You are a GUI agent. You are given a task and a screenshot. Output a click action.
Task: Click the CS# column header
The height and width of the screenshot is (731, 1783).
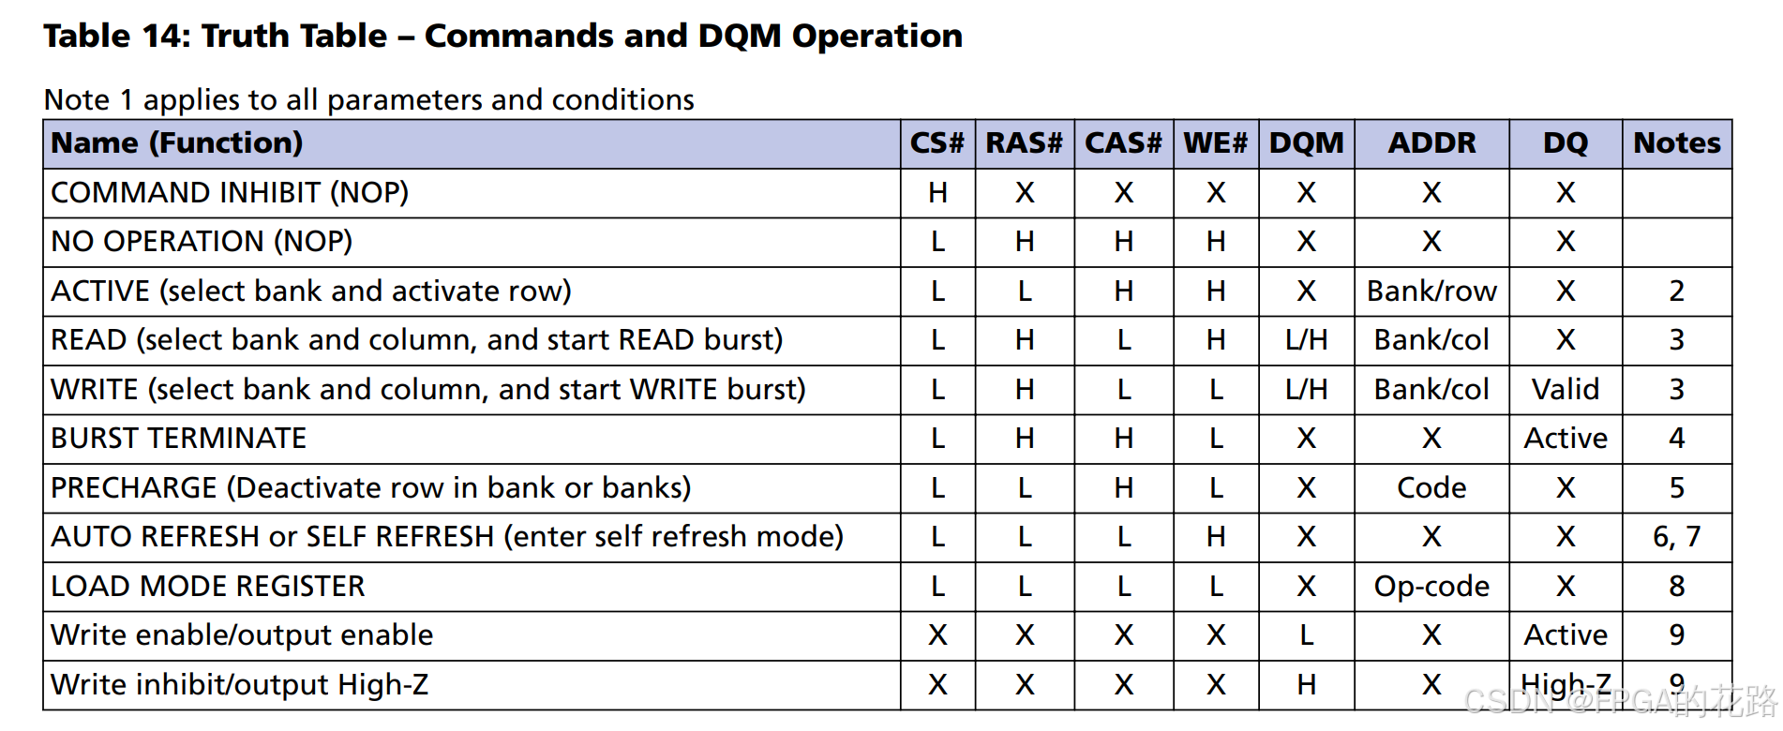tap(936, 143)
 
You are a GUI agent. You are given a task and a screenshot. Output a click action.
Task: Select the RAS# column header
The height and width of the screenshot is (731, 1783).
tap(1024, 143)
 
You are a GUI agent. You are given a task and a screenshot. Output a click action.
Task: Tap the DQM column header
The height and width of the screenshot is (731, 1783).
tap(1306, 143)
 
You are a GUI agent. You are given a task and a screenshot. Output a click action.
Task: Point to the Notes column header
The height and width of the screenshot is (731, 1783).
tap(1676, 143)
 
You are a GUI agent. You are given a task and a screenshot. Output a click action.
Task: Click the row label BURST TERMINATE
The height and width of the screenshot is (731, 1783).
tap(178, 439)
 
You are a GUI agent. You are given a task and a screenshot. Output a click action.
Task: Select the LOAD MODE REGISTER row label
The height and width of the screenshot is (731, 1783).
tap(207, 586)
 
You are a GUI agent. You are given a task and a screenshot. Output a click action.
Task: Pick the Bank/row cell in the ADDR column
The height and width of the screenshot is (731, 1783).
tap(1431, 291)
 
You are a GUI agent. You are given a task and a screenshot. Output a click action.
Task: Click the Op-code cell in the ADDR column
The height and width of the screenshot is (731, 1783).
tap(1431, 587)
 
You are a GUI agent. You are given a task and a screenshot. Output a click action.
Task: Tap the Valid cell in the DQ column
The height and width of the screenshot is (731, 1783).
tap(1565, 389)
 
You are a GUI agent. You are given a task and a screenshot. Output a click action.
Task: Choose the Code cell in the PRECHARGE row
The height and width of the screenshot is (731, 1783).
tap(1431, 487)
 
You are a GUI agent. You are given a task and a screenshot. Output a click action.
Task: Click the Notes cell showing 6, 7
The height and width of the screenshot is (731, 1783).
tap(1676, 537)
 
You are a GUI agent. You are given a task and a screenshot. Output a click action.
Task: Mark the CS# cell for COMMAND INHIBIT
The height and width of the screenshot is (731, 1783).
tap(937, 193)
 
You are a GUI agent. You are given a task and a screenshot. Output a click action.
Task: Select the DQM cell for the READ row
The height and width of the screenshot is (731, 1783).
tap(1306, 340)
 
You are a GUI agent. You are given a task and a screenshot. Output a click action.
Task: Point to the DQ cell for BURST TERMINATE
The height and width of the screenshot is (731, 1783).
tap(1565, 439)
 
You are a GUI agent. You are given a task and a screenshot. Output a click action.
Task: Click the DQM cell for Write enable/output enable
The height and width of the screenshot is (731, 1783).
tap(1306, 635)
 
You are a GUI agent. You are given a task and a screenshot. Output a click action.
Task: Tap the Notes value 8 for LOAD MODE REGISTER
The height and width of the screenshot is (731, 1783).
tap(1676, 587)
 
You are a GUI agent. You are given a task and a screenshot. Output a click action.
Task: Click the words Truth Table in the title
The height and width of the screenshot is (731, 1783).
tap(294, 36)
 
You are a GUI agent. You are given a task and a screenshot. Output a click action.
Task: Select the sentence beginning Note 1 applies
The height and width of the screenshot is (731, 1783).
tap(368, 99)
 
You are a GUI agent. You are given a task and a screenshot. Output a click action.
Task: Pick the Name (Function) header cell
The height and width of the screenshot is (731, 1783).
tap(177, 143)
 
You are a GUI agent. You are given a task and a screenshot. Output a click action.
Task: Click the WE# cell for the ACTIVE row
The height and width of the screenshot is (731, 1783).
tap(1215, 291)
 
